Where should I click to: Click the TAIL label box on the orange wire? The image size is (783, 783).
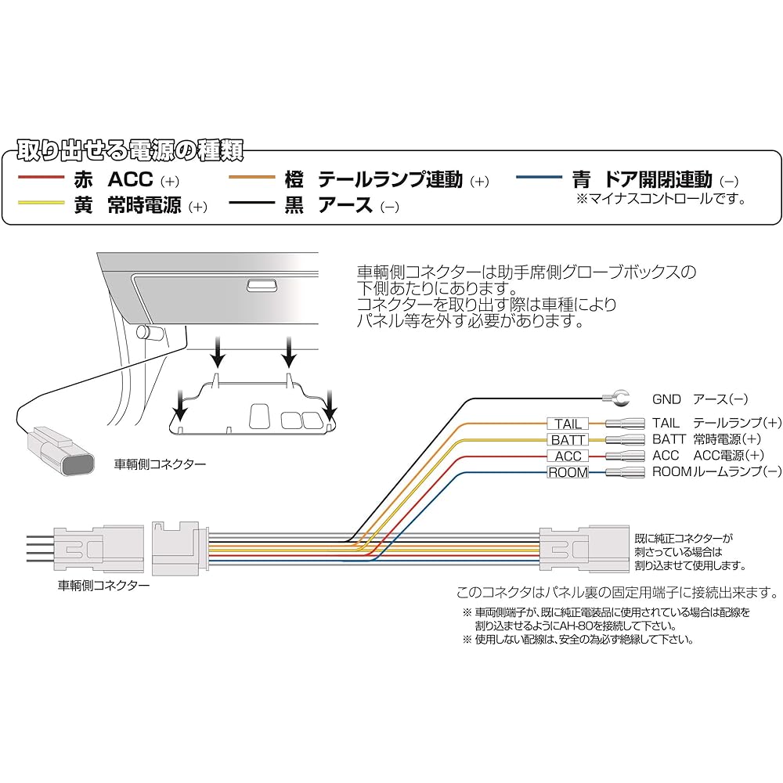click(x=568, y=424)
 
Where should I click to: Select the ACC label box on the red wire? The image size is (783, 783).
click(x=568, y=456)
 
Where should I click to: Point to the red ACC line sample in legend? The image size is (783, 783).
click(x=40, y=179)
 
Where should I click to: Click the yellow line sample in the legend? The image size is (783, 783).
click(x=40, y=202)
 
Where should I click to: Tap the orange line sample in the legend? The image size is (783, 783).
click(x=251, y=179)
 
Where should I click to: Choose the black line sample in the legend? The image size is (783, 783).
click(x=251, y=202)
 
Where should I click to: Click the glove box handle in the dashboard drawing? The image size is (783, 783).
click(x=260, y=286)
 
